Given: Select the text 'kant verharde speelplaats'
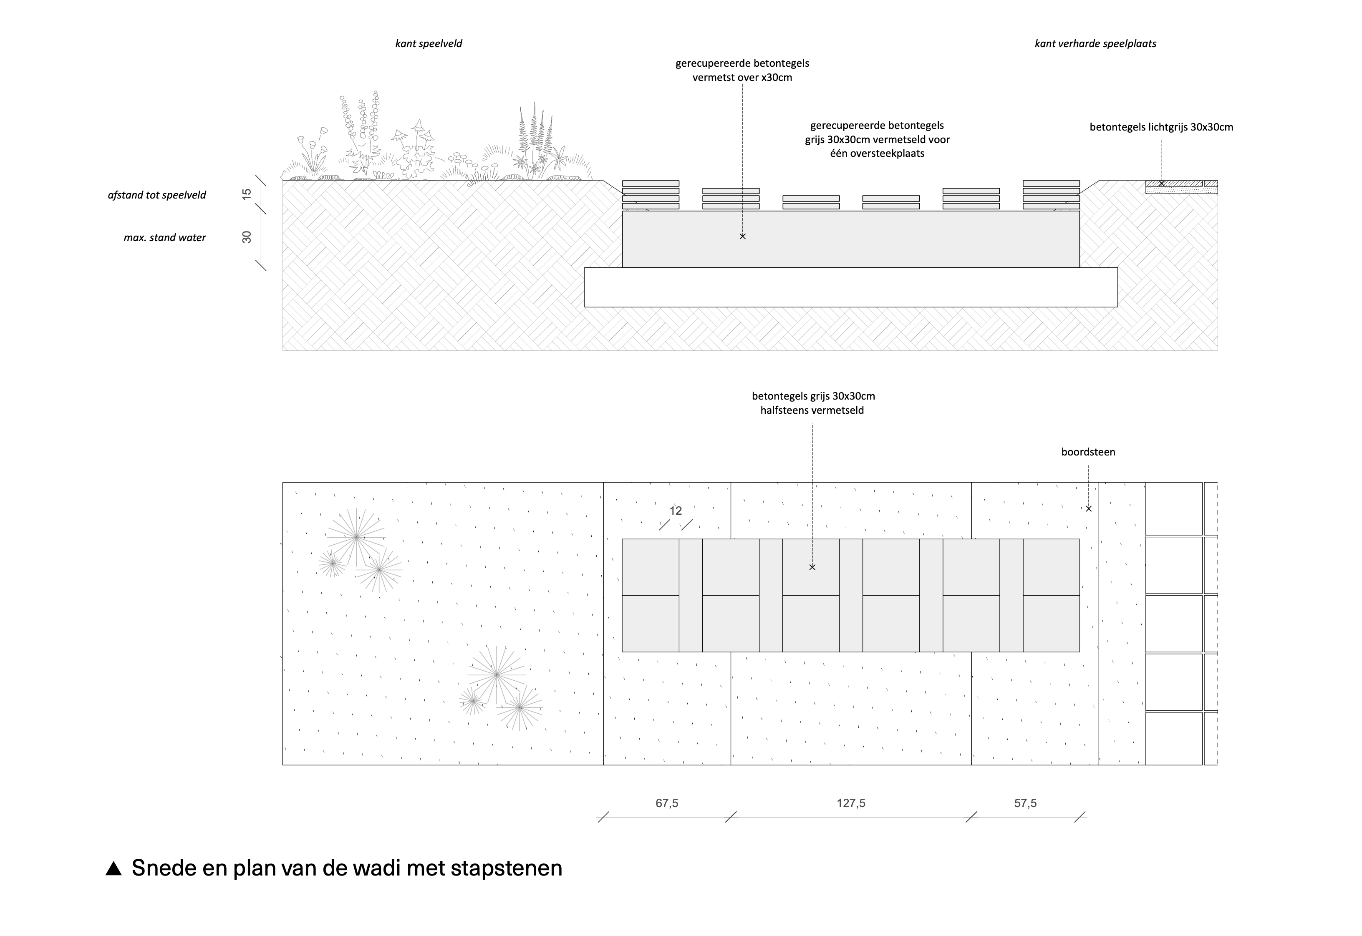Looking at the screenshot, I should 1095,43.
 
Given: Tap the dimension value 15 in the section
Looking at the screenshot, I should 247,194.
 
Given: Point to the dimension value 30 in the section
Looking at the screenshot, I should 247,237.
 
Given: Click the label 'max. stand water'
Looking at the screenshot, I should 165,237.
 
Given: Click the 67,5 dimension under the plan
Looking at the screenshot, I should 667,803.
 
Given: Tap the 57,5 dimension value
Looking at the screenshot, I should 1025,803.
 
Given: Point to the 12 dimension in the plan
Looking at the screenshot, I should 676,511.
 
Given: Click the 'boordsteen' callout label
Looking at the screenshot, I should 1088,452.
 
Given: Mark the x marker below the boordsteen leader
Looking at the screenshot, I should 1089,508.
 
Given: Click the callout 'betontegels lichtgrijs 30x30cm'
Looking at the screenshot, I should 1161,127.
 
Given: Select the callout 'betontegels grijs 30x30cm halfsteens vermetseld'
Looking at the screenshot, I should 812,403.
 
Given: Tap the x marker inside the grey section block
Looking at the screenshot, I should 743,237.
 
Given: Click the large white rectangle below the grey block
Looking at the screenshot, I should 850,287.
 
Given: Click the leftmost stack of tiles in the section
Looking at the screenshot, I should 651,195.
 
